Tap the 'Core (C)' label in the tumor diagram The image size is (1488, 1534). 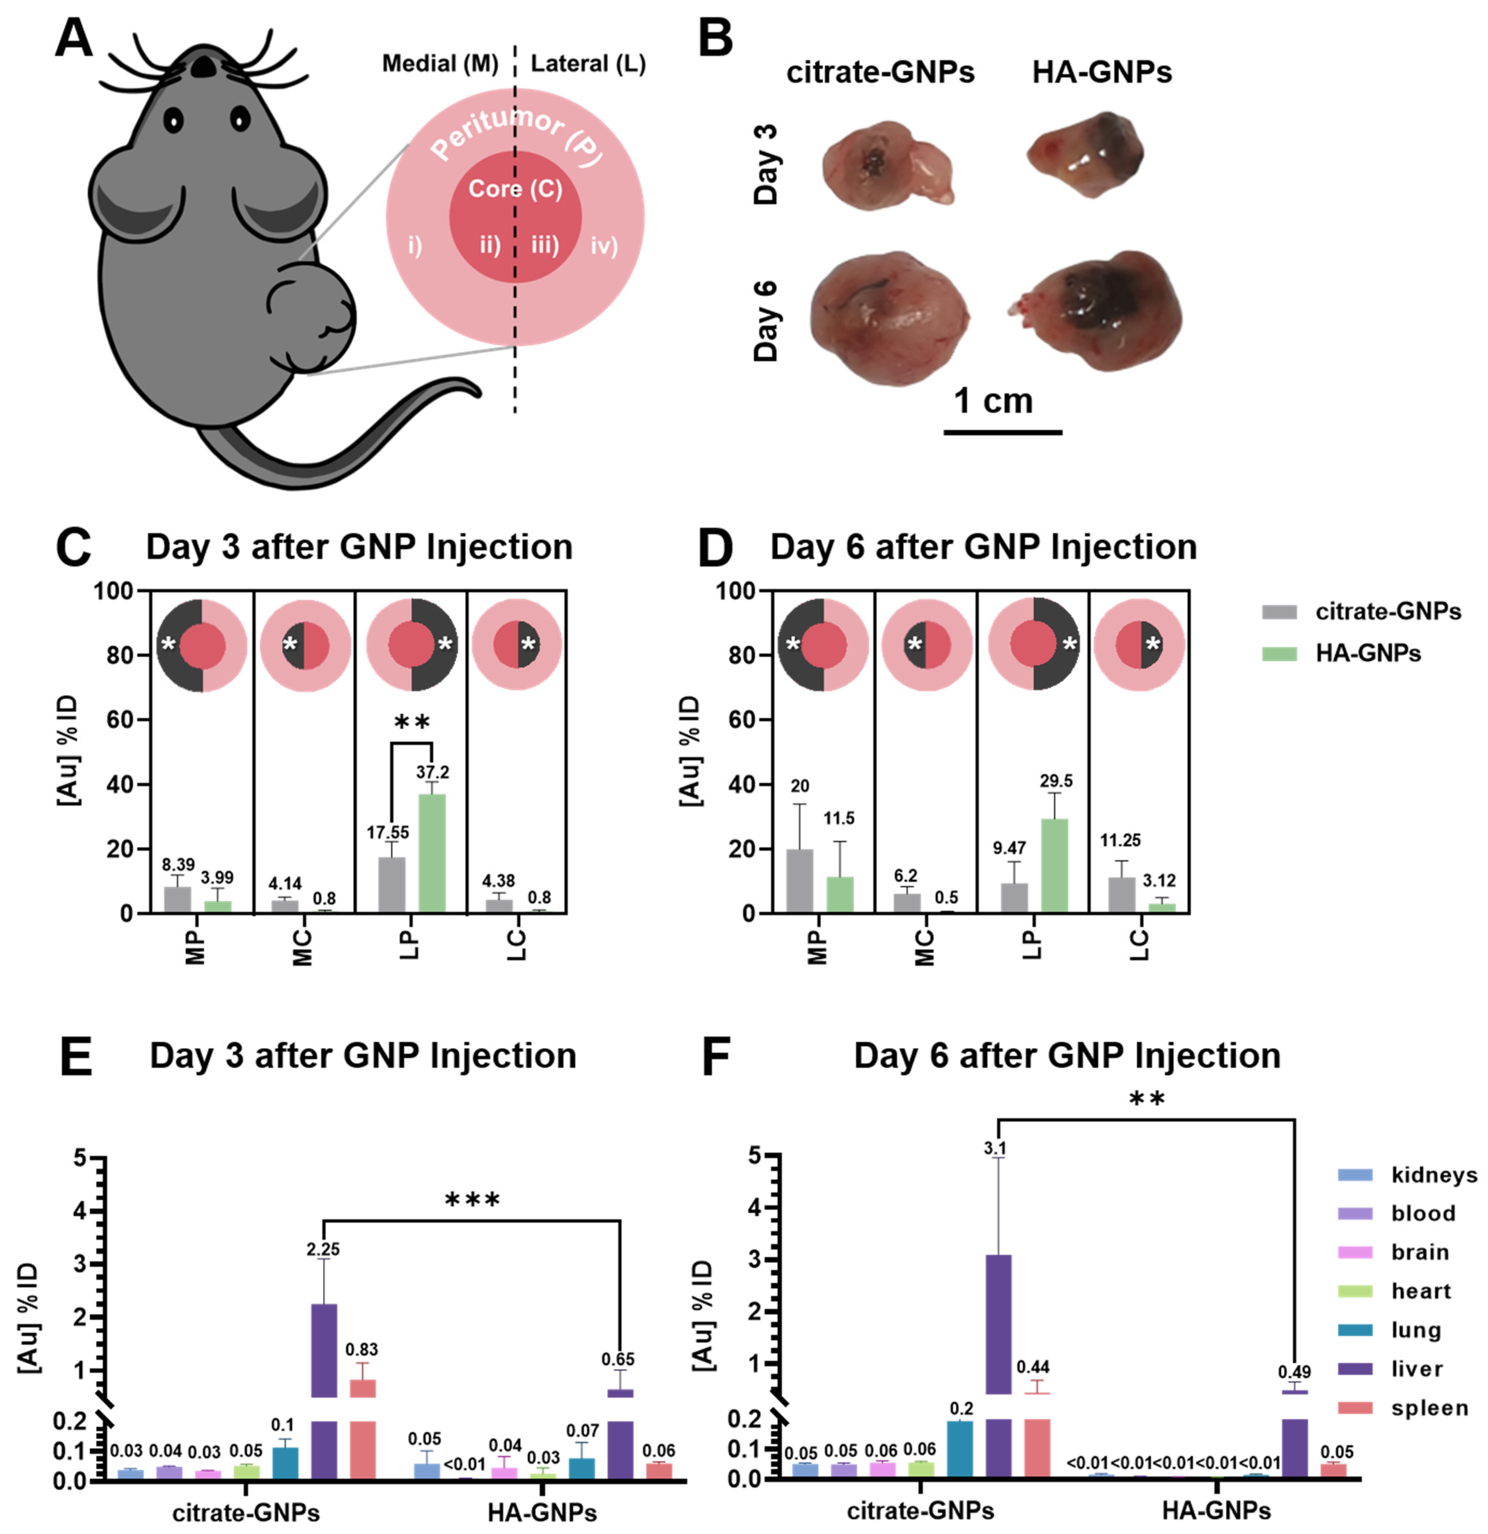tap(515, 189)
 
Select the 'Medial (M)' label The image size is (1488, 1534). tap(440, 64)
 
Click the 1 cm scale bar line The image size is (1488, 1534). tap(1003, 431)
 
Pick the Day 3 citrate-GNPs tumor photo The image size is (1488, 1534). tap(887, 164)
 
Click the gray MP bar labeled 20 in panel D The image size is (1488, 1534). tap(799, 880)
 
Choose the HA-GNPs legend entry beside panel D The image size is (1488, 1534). tap(1366, 654)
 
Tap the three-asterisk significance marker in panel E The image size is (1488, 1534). tap(472, 1200)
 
